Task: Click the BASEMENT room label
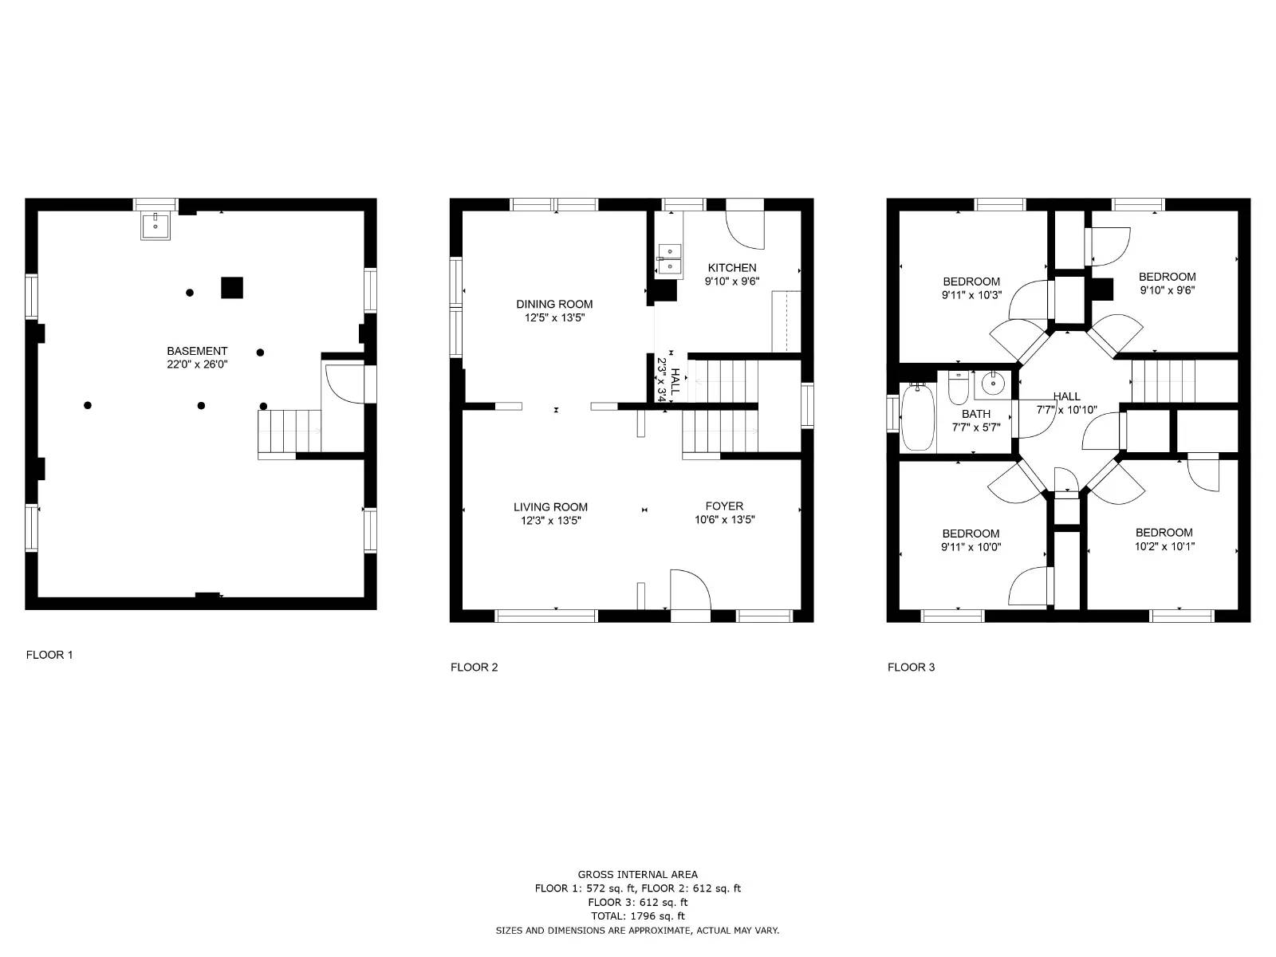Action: click(x=197, y=351)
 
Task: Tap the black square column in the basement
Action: click(x=231, y=287)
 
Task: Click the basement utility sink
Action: click(x=156, y=226)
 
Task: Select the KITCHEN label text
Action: click(x=732, y=268)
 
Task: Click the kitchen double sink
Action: click(x=669, y=259)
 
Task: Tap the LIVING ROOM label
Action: click(x=550, y=506)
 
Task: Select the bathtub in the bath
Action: click(x=918, y=416)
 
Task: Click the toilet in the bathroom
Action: click(x=958, y=388)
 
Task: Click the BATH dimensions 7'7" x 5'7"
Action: click(x=976, y=427)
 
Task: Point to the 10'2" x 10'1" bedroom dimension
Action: click(x=1164, y=547)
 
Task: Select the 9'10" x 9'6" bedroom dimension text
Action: click(x=1168, y=290)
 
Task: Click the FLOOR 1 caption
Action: click(x=49, y=655)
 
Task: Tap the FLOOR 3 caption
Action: click(x=911, y=667)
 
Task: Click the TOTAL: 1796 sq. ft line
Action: click(x=637, y=916)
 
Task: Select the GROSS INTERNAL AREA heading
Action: click(x=637, y=874)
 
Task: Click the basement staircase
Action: click(x=289, y=431)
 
